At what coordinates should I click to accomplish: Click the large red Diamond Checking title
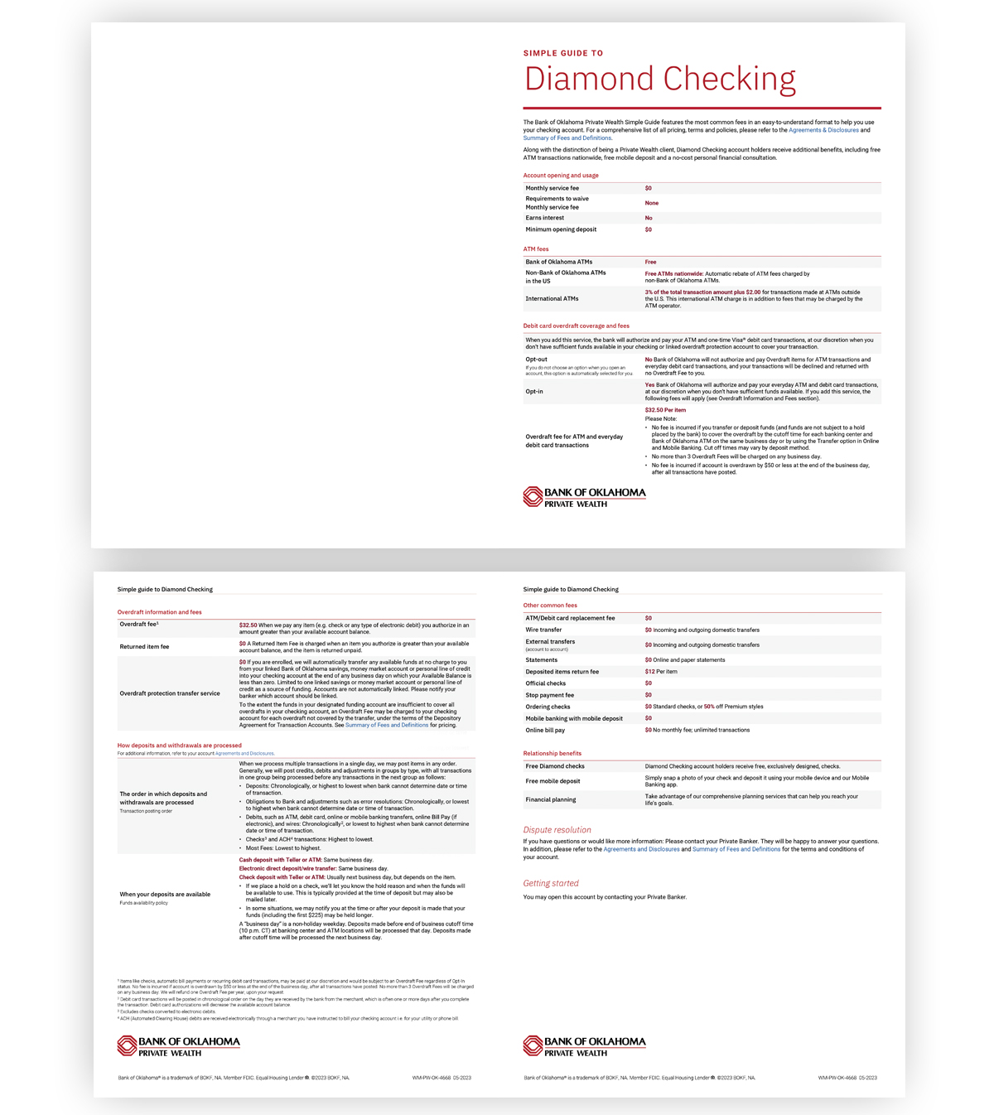click(x=659, y=79)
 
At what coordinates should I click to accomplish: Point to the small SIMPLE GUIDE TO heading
click(x=563, y=53)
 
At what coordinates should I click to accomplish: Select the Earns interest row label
click(x=546, y=218)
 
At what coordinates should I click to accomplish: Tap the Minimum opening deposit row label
click(x=561, y=229)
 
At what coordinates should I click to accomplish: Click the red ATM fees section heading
click(x=536, y=249)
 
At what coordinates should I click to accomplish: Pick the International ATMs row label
click(x=552, y=298)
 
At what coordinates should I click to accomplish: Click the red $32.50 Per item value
click(x=665, y=410)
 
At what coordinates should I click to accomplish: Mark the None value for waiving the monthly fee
click(x=652, y=203)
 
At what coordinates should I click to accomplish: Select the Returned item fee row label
click(x=144, y=646)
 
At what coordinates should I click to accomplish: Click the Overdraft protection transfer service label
click(x=170, y=693)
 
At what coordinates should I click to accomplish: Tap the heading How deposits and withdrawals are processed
click(x=179, y=746)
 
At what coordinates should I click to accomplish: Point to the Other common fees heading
click(x=550, y=606)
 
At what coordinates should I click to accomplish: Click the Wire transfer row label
click(x=543, y=630)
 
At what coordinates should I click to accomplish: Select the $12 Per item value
click(x=661, y=672)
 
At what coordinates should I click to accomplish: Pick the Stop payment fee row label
click(x=549, y=695)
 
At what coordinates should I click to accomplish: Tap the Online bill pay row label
click(x=545, y=730)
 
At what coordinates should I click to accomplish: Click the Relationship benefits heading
click(x=552, y=753)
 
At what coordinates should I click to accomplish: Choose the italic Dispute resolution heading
click(x=557, y=829)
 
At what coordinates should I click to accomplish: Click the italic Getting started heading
click(x=551, y=883)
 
